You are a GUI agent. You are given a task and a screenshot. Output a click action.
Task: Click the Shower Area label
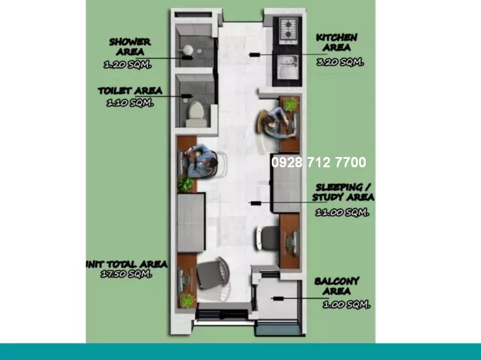(130, 47)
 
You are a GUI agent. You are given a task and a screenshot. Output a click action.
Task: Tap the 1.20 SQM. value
(127, 65)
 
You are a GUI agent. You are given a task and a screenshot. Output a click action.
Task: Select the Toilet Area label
(130, 91)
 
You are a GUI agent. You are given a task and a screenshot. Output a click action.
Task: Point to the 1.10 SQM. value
(130, 103)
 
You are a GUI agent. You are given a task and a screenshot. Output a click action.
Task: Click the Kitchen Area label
(337, 42)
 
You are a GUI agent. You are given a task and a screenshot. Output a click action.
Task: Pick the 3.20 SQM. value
(340, 62)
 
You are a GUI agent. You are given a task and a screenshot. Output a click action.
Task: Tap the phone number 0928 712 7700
(318, 162)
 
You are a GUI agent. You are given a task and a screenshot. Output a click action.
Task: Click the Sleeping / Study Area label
(343, 192)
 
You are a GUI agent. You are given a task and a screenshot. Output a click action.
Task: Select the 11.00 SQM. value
(342, 212)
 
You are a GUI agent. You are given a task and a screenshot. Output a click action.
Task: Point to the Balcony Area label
(337, 286)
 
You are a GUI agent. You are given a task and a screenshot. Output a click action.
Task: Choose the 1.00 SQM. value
(346, 304)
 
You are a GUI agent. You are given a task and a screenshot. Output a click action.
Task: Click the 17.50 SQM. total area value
(126, 273)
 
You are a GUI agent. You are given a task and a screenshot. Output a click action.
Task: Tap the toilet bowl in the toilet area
(196, 114)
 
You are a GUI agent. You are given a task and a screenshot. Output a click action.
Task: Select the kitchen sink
(288, 66)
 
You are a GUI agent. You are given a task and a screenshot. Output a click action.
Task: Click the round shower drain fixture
(188, 49)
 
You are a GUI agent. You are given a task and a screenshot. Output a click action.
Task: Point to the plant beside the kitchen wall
(291, 104)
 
